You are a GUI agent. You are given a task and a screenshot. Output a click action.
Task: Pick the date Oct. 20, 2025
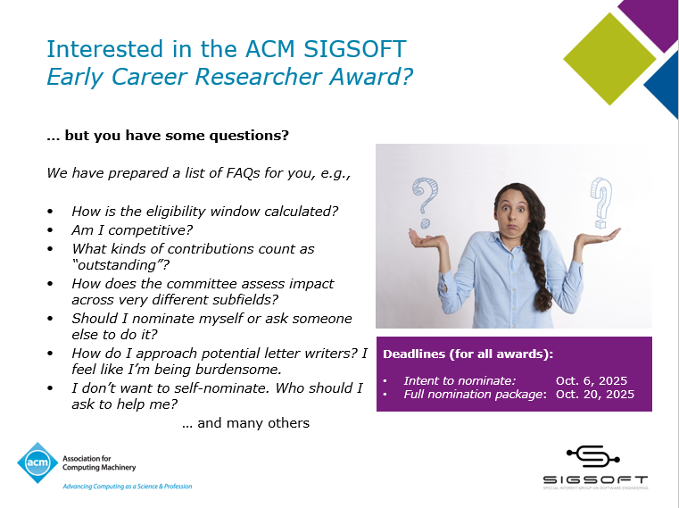[594, 395]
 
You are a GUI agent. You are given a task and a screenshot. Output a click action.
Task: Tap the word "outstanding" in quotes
[120, 265]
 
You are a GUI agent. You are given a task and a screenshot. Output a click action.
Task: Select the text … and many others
[245, 423]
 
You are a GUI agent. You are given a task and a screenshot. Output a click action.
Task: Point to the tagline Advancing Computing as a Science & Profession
[127, 487]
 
